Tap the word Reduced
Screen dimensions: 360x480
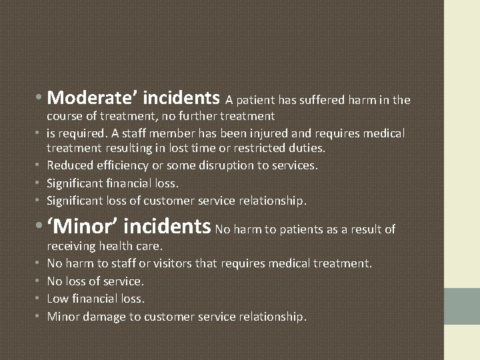pyautogui.click(x=70, y=165)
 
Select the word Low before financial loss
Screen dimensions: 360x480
pyautogui.click(x=57, y=299)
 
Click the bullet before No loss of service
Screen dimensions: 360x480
pyautogui.click(x=39, y=281)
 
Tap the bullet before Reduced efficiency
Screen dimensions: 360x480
pyautogui.click(x=39, y=165)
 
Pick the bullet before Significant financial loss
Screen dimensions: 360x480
pyautogui.click(x=39, y=183)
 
